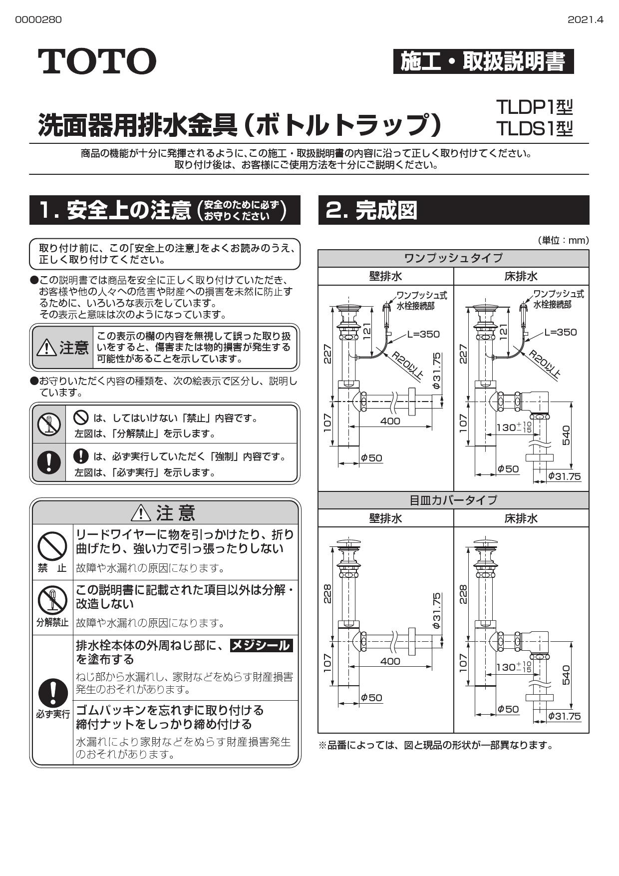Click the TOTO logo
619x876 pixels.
pyautogui.click(x=97, y=61)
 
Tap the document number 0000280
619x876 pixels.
pyautogui.click(x=38, y=19)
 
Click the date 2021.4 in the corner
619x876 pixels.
pyautogui.click(x=585, y=19)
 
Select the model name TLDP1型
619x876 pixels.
pyautogui.click(x=534, y=107)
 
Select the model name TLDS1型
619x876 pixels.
pyautogui.click(x=534, y=129)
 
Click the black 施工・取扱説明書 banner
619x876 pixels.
pyautogui.click(x=483, y=61)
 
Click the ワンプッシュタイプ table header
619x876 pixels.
pyautogui.click(x=453, y=258)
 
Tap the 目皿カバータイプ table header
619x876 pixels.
pyautogui.click(x=453, y=500)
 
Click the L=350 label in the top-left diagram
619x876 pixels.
pyautogui.click(x=423, y=334)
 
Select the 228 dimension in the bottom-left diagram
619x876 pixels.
pyautogui.click(x=327, y=594)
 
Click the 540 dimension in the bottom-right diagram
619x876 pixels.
pyautogui.click(x=566, y=675)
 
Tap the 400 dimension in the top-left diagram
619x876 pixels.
pyautogui.click(x=390, y=421)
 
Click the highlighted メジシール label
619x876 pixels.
pyautogui.click(x=261, y=645)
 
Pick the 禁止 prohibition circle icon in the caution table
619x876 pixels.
pyautogui.click(x=52, y=546)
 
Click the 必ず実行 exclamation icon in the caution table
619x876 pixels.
pyautogui.click(x=52, y=694)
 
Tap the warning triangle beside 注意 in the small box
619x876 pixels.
pyautogui.click(x=46, y=348)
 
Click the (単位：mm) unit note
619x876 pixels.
pyautogui.click(x=563, y=241)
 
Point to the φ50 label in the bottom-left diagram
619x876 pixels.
pyautogui.click(x=371, y=698)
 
